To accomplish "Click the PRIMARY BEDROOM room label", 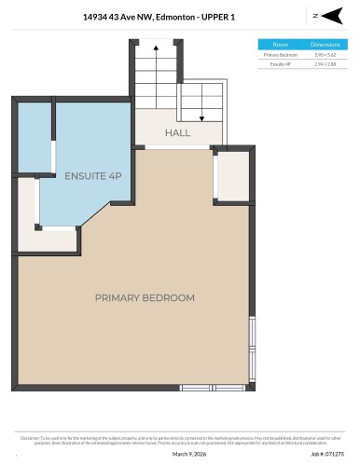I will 145,297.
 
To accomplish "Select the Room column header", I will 280,44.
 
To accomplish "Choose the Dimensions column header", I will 325,44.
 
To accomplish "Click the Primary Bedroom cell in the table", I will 280,54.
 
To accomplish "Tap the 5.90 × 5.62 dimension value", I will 325,54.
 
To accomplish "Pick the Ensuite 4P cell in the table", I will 280,63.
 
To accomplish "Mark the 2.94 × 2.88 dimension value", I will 325,63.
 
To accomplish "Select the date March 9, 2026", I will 185,454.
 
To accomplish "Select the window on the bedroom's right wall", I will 252,345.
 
